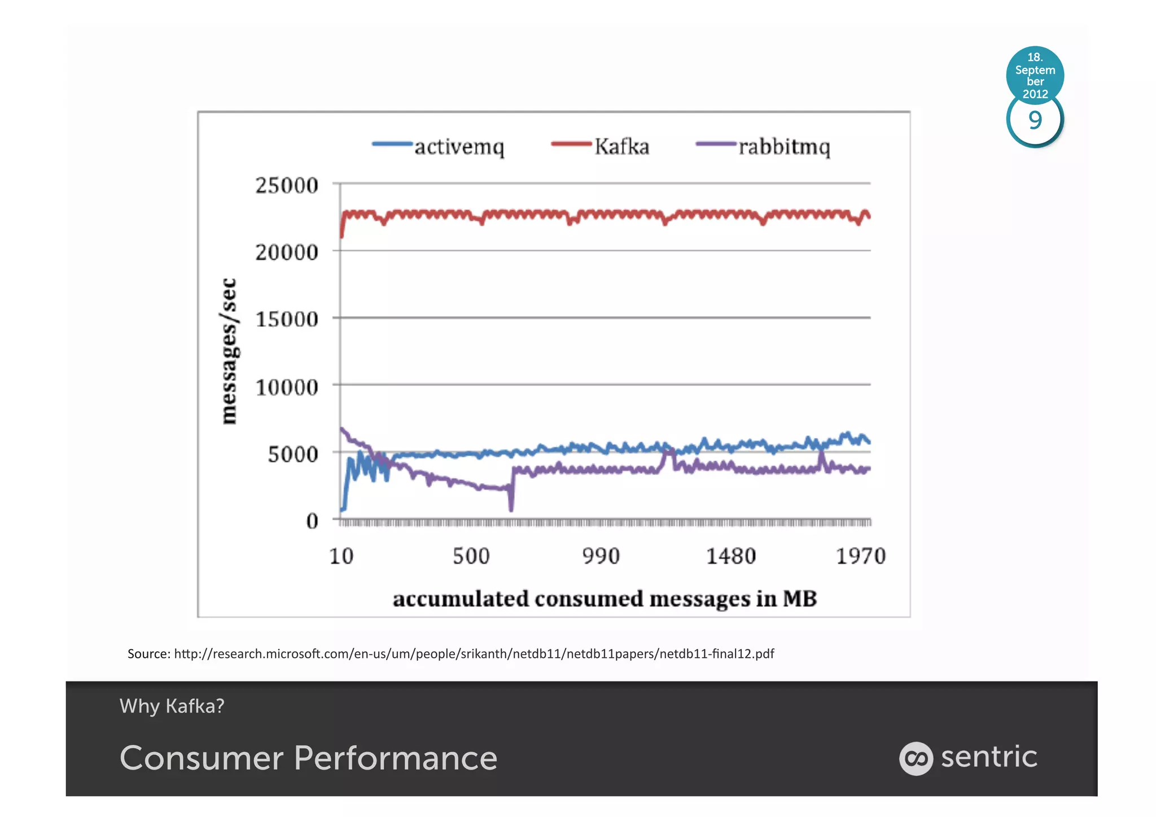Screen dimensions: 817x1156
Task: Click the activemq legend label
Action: coord(459,147)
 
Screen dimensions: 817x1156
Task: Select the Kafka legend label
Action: coord(621,147)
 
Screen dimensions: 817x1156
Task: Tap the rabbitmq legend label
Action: coord(784,147)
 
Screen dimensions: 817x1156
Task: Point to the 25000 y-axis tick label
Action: coord(287,185)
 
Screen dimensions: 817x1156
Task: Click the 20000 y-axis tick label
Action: coord(287,252)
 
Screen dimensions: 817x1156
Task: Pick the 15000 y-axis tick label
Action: coord(287,319)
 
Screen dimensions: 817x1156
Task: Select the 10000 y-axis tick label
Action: coord(287,387)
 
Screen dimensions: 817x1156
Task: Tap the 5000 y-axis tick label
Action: coord(293,454)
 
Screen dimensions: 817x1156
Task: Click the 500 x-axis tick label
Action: coord(471,556)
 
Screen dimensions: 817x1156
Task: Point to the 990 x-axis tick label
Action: coord(601,556)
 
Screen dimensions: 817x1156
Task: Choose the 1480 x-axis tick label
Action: coord(731,556)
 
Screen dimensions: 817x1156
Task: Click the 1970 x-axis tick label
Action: coord(861,556)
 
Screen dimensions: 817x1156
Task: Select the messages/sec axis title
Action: coord(229,351)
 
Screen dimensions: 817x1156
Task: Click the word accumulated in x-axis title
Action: coord(461,598)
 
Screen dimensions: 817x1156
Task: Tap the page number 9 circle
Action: coord(1035,121)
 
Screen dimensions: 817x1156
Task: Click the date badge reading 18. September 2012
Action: coord(1035,75)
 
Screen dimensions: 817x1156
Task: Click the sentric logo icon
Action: coord(916,758)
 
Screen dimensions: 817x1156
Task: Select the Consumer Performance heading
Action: coord(309,758)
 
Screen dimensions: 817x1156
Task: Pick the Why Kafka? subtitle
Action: coord(172,706)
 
